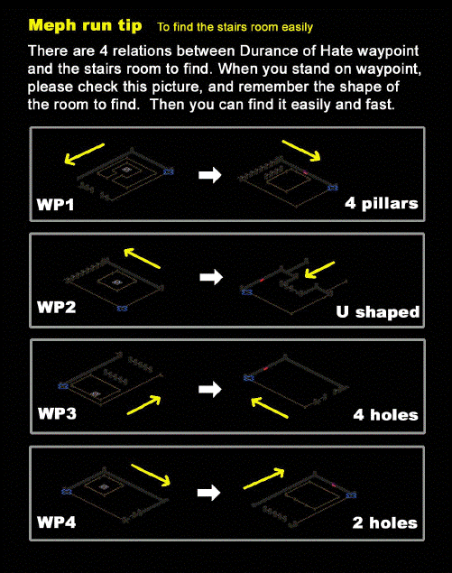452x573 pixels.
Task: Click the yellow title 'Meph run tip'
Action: pyautogui.click(x=85, y=25)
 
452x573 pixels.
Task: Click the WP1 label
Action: pyautogui.click(x=55, y=205)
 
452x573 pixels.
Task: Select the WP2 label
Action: pyautogui.click(x=56, y=307)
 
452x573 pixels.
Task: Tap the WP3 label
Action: pyautogui.click(x=57, y=413)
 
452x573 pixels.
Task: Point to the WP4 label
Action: pyautogui.click(x=56, y=522)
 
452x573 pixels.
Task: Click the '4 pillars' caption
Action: pyautogui.click(x=382, y=204)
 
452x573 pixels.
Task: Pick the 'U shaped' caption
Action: pyautogui.click(x=378, y=312)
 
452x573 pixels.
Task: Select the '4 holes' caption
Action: pyautogui.click(x=386, y=415)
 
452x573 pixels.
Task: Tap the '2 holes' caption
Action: pyautogui.click(x=385, y=523)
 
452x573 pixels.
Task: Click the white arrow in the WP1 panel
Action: pyautogui.click(x=210, y=175)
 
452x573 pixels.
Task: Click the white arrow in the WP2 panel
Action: pyautogui.click(x=211, y=277)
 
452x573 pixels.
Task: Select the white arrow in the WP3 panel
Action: pyautogui.click(x=210, y=389)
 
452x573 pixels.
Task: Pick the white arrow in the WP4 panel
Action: pyautogui.click(x=209, y=493)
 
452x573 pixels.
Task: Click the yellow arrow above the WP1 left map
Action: pyautogui.click(x=85, y=154)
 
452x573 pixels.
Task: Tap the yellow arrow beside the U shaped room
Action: pyautogui.click(x=319, y=270)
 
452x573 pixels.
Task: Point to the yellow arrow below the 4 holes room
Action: pyautogui.click(x=270, y=408)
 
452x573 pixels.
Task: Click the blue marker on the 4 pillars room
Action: pyautogui.click(x=333, y=188)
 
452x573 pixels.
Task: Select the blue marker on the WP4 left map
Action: pyautogui.click(x=67, y=492)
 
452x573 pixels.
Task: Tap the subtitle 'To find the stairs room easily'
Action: pyautogui.click(x=235, y=27)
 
